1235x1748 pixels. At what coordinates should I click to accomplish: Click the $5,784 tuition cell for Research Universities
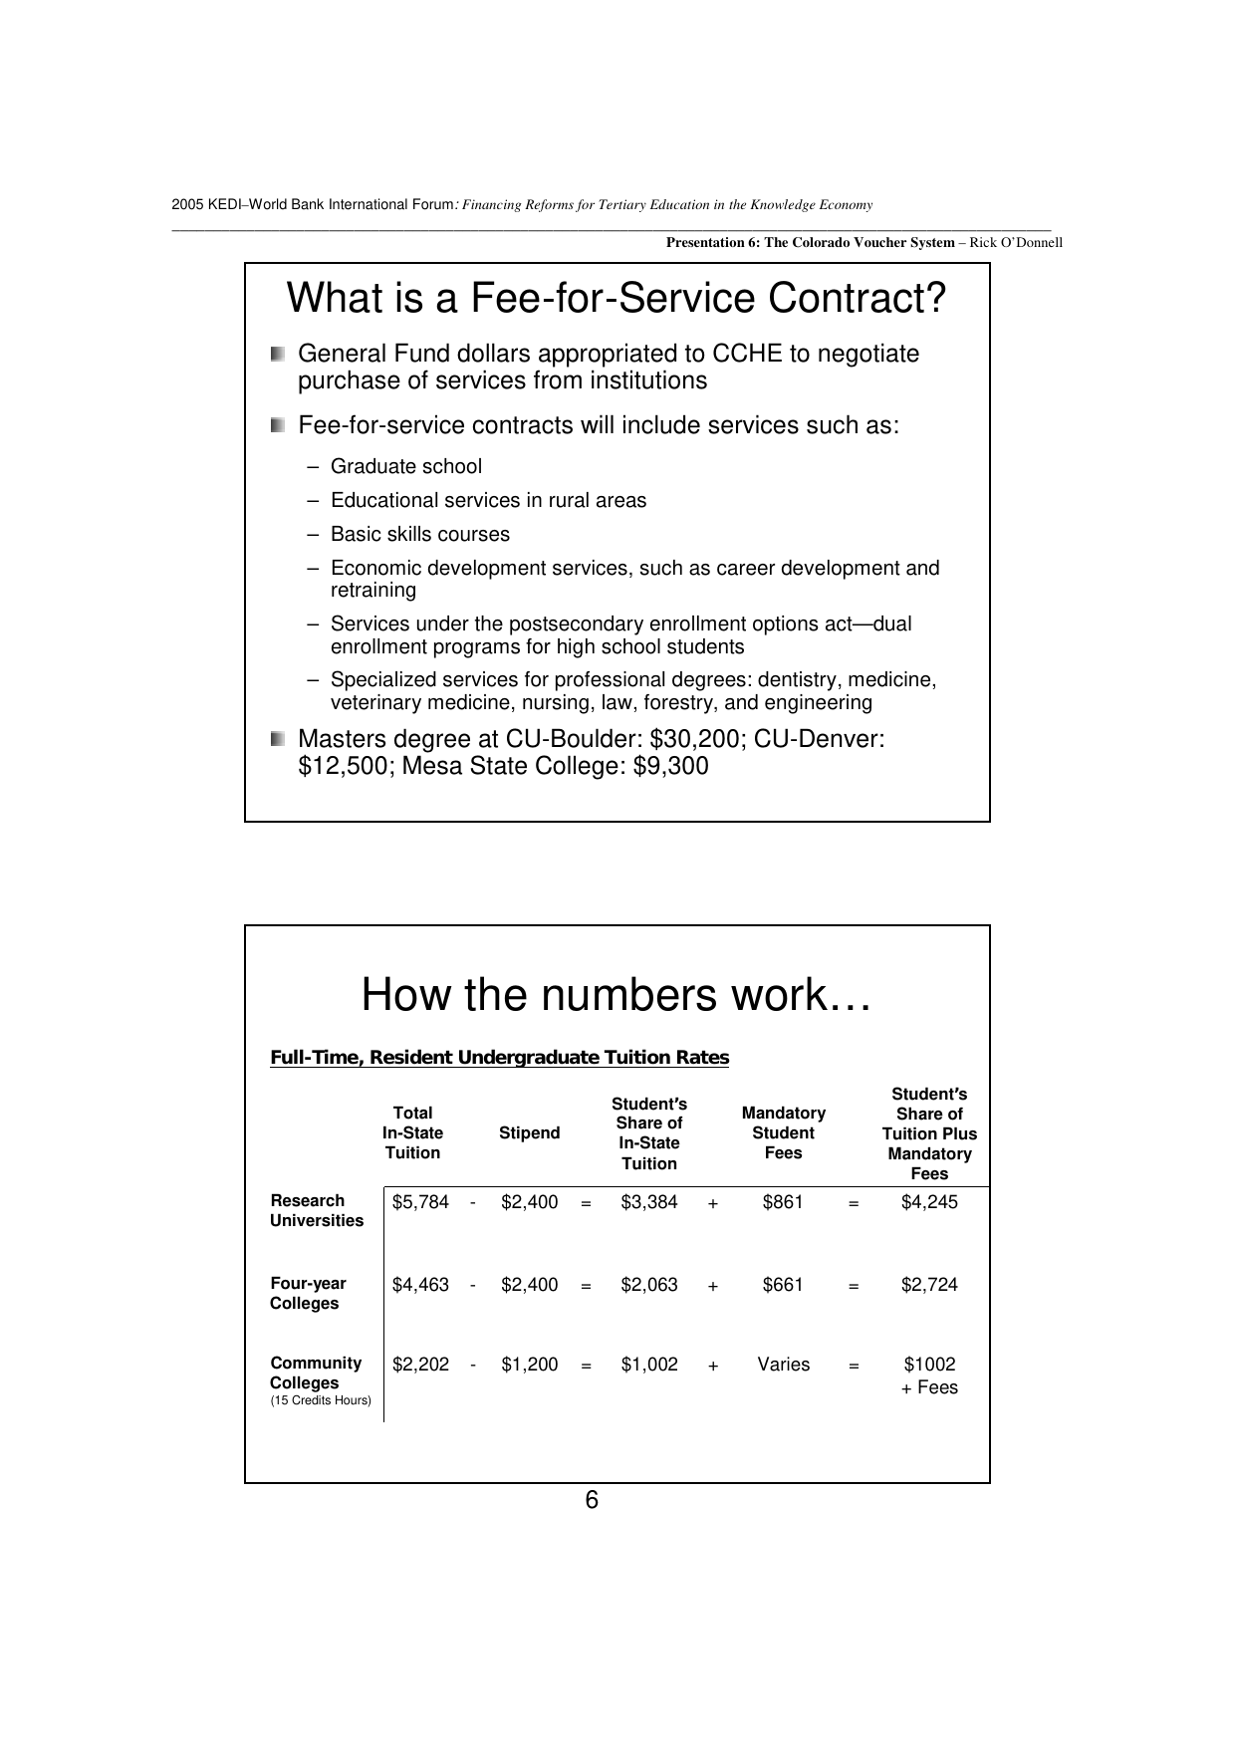pyautogui.click(x=420, y=1202)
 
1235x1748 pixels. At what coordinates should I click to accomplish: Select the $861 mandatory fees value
pyautogui.click(x=783, y=1202)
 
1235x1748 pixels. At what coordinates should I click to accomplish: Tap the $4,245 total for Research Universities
pyautogui.click(x=929, y=1202)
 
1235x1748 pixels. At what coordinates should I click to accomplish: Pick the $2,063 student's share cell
pyautogui.click(x=649, y=1285)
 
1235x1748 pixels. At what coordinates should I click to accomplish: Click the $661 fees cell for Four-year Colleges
pyautogui.click(x=783, y=1285)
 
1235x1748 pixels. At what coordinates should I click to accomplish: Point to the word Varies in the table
pyautogui.click(x=784, y=1365)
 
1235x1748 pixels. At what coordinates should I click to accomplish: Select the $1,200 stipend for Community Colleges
pyautogui.click(x=529, y=1365)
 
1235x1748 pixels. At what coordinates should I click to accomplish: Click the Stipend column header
pyautogui.click(x=529, y=1133)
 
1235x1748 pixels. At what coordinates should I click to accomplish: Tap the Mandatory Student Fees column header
pyautogui.click(x=784, y=1133)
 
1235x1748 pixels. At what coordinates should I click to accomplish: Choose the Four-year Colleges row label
pyautogui.click(x=308, y=1294)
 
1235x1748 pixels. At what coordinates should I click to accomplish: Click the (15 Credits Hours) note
pyautogui.click(x=321, y=1400)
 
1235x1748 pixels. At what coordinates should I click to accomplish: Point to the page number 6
pyautogui.click(x=592, y=1501)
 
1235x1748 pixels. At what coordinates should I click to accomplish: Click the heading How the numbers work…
pyautogui.click(x=617, y=995)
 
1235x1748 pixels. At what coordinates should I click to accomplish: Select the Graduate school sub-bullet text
pyautogui.click(x=406, y=467)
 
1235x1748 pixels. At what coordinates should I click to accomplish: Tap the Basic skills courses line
pyautogui.click(x=420, y=535)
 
